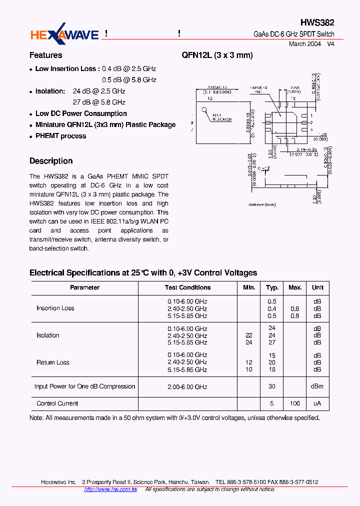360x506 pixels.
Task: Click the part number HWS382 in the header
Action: click(x=317, y=23)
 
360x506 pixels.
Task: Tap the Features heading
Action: click(x=46, y=55)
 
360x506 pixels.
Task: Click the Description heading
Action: click(x=51, y=161)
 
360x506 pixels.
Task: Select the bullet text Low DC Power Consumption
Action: click(x=81, y=114)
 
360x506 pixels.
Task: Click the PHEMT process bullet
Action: click(x=60, y=136)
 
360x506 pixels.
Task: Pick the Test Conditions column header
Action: click(x=187, y=287)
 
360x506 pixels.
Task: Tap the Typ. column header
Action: click(x=272, y=287)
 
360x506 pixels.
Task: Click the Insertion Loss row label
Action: click(x=55, y=308)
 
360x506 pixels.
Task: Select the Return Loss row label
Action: click(x=53, y=362)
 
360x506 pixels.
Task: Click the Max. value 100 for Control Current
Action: click(x=295, y=403)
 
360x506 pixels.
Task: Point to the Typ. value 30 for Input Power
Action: click(x=272, y=386)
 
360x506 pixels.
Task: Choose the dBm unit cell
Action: click(x=317, y=386)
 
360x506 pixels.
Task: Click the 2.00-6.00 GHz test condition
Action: click(x=187, y=386)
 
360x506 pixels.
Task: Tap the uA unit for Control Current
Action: click(x=317, y=403)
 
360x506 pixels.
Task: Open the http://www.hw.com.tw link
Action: click(x=110, y=489)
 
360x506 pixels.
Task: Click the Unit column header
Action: click(x=317, y=287)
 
